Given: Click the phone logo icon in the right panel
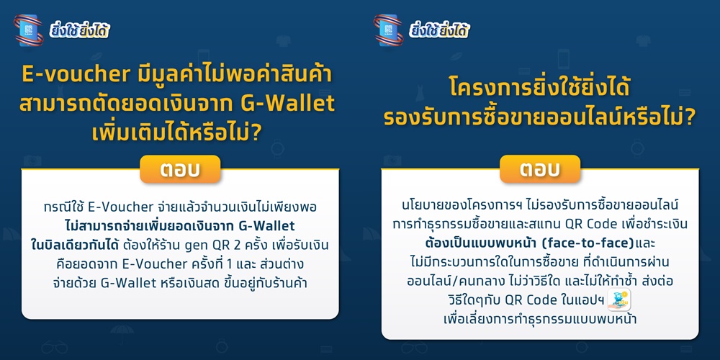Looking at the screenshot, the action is [389, 30].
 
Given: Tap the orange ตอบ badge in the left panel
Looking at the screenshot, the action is [180, 169].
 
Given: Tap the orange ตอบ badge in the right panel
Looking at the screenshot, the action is [540, 169].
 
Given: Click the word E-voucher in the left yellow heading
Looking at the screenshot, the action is [76, 76].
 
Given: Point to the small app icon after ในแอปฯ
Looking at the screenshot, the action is [619, 300].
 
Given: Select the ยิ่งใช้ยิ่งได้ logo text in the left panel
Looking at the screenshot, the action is [80, 31].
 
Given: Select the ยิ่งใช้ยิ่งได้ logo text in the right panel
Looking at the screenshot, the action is [440, 31].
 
